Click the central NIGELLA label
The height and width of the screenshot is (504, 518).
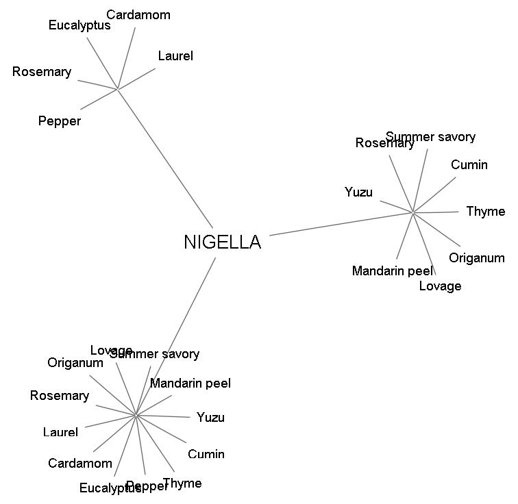tap(223, 242)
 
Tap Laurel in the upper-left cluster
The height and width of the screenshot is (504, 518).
tap(175, 56)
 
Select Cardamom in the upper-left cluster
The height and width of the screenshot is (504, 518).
tap(138, 15)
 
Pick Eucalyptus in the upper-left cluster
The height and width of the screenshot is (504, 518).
tap(79, 26)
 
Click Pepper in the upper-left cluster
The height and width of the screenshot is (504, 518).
tap(60, 121)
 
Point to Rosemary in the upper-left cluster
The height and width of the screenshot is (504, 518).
tap(42, 72)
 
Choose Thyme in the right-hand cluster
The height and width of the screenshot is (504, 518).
tap(486, 212)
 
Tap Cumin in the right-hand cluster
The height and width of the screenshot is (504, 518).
tap(469, 165)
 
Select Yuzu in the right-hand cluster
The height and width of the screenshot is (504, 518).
tap(359, 192)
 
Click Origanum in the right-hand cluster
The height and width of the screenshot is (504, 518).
tap(477, 258)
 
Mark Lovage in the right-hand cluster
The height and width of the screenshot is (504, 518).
tap(440, 286)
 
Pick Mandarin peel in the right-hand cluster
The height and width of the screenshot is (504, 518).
tap(393, 271)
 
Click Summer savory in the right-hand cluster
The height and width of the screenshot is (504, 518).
tap(430, 137)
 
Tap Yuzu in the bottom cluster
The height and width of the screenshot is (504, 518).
tap(210, 418)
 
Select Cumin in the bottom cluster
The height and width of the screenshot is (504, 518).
tap(206, 454)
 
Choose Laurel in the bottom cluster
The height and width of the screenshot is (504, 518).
tap(60, 432)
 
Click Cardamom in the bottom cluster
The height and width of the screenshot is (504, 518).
tap(80, 464)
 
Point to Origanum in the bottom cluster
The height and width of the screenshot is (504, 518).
tap(75, 363)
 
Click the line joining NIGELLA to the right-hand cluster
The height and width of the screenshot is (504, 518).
tap(341, 224)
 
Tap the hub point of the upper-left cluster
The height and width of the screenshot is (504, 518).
tap(118, 89)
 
